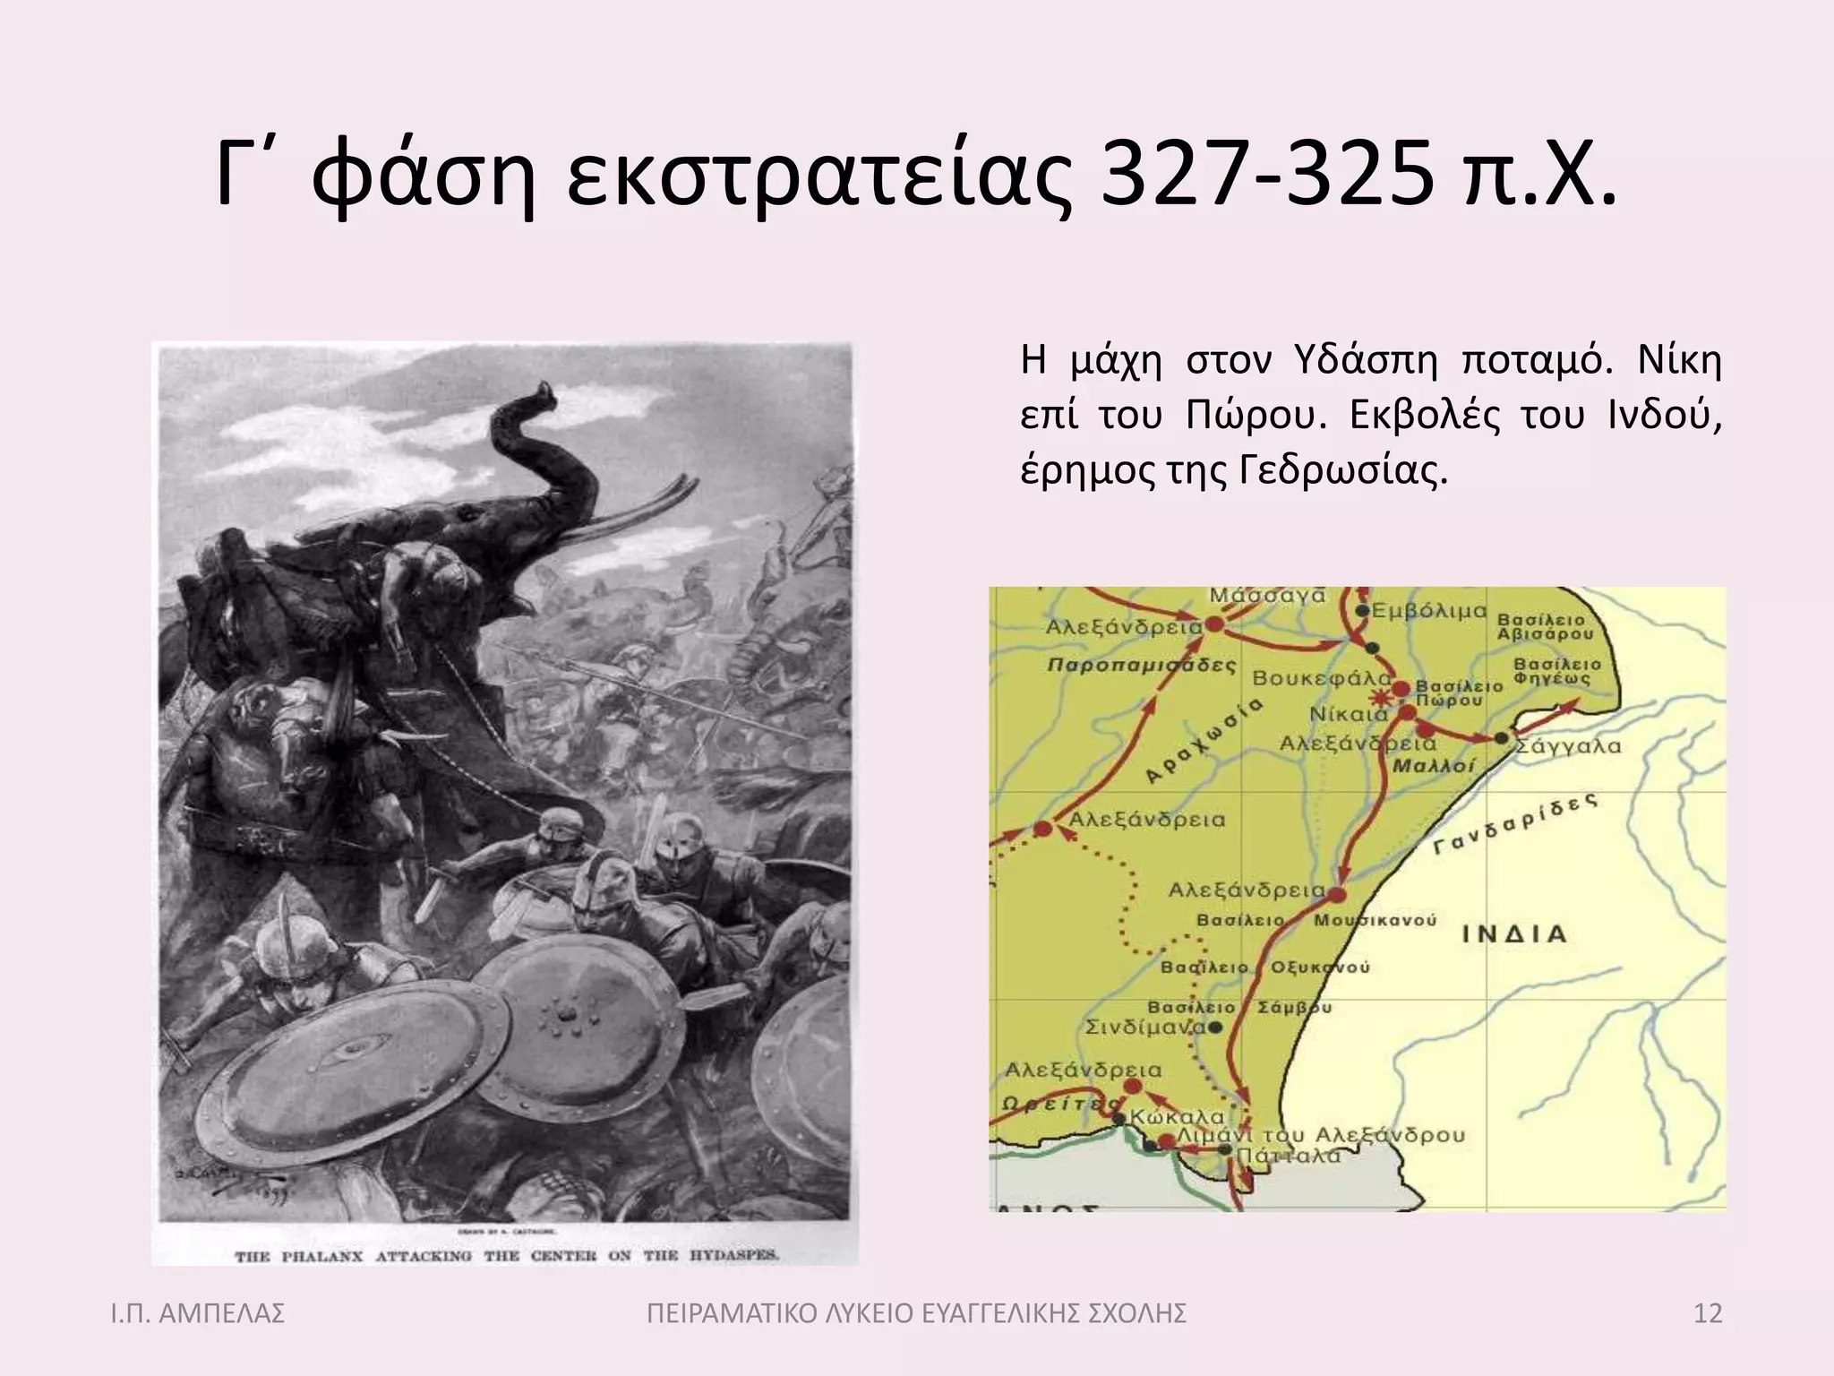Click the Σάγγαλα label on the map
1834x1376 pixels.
1568,746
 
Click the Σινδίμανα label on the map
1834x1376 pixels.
1145,1028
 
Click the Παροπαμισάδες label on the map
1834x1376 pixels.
1142,666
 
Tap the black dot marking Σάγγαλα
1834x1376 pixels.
1501,738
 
